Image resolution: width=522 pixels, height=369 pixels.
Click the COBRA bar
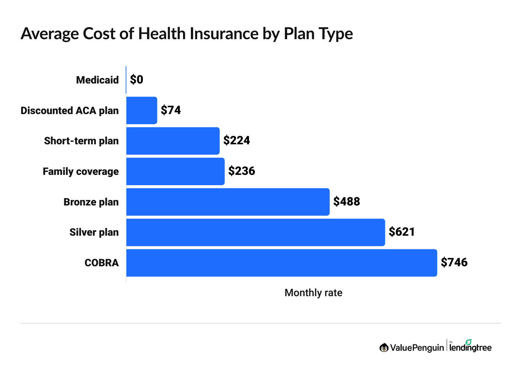(282, 263)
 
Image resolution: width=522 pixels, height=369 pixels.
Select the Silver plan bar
(256, 232)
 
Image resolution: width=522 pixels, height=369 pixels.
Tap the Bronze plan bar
(228, 202)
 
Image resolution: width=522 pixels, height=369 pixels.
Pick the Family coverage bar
(175, 171)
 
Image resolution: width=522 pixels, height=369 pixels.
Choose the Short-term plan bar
(173, 141)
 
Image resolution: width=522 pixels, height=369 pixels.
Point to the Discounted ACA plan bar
(141, 110)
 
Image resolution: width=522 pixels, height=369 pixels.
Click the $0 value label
(137, 80)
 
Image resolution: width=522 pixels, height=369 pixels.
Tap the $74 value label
(171, 110)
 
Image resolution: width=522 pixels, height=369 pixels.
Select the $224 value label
(237, 141)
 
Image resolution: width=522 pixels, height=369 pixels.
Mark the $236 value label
(242, 171)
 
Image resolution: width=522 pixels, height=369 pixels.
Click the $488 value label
(347, 202)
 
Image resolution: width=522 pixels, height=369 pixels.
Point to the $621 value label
(402, 232)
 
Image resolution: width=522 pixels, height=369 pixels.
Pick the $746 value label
(454, 262)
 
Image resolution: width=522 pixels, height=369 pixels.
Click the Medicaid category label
(97, 80)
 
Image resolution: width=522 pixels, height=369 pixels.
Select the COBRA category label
(102, 263)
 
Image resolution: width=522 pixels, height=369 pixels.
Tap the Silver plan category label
(94, 232)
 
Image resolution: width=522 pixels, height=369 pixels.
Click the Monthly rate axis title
(313, 293)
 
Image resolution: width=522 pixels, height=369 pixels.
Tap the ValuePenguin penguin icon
(384, 348)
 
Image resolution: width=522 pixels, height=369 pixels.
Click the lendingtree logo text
(470, 348)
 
